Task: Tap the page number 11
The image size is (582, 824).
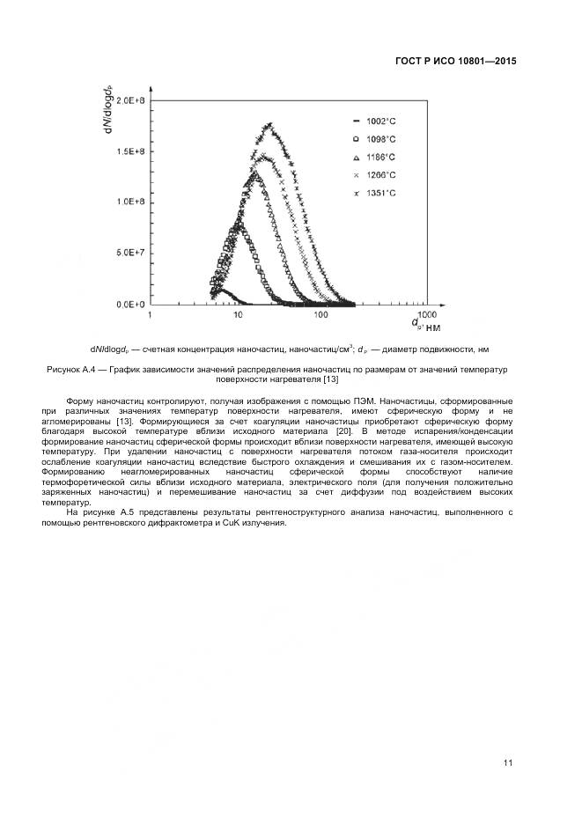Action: point(509,762)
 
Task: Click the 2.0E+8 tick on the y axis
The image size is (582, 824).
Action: point(131,101)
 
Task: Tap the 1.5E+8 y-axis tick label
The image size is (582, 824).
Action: point(131,151)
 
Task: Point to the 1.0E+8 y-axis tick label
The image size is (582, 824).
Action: point(131,202)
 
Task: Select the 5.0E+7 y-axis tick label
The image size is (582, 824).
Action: point(131,254)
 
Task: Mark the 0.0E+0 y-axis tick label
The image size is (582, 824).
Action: point(131,305)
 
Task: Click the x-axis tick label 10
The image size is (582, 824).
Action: point(237,314)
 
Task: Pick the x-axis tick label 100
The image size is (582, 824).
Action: point(321,314)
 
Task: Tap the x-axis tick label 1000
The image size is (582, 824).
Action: point(426,313)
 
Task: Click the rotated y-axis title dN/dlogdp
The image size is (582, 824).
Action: point(107,110)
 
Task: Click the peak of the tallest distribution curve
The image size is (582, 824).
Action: point(269,125)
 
